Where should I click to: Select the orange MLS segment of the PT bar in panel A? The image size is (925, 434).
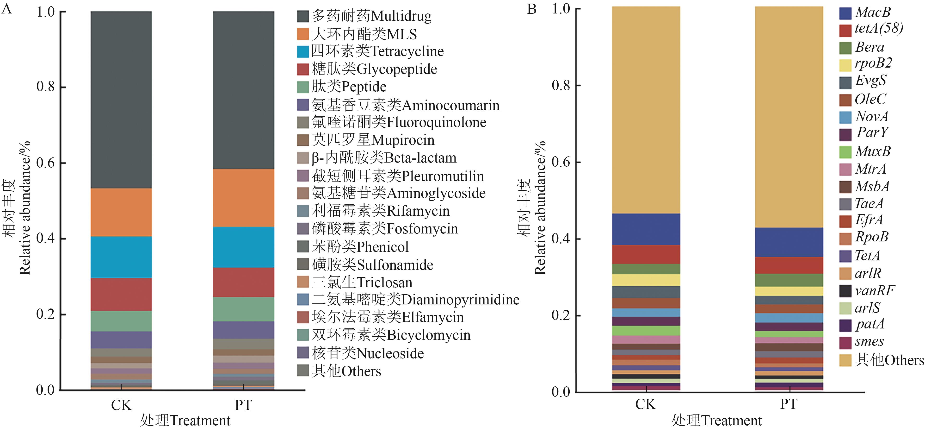(243, 198)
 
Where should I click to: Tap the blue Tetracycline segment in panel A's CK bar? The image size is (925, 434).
(121, 257)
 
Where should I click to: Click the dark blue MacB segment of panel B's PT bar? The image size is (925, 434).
(789, 242)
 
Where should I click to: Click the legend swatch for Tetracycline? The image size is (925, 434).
(303, 51)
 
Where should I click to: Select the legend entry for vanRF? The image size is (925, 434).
(874, 290)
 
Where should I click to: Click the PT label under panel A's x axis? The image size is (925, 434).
(243, 405)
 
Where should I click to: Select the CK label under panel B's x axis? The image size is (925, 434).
(645, 404)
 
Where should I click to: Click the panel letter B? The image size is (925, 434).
(531, 9)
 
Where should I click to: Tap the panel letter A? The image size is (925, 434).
(6, 9)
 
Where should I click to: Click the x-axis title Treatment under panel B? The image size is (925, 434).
(716, 420)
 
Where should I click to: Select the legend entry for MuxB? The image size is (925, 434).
(873, 151)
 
